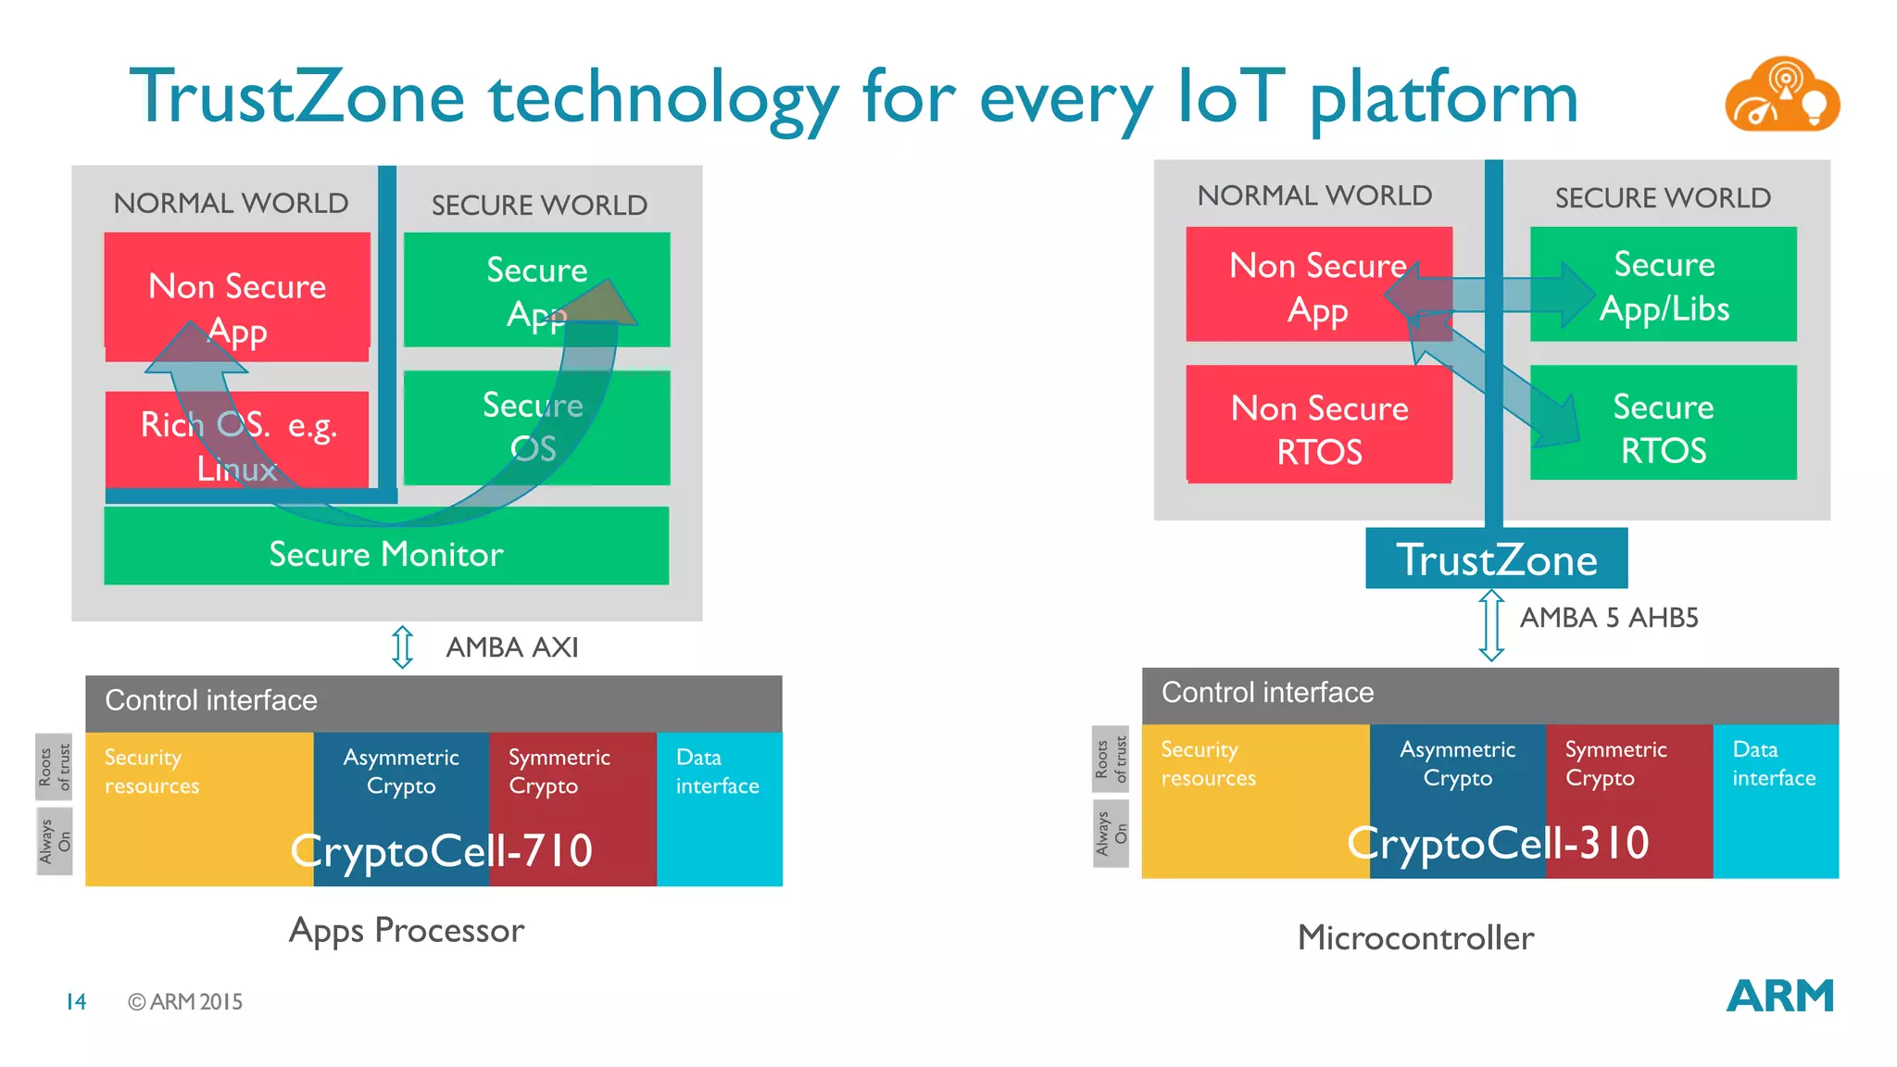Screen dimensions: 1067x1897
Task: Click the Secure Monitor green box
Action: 386,554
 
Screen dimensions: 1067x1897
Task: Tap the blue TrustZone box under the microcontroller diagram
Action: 1496,559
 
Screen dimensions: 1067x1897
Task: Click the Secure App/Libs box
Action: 1664,285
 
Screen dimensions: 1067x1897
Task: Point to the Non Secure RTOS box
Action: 1319,429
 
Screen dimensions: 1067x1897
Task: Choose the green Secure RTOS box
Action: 1664,427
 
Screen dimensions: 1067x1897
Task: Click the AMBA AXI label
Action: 511,647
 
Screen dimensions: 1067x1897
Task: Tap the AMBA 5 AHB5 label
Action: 1609,618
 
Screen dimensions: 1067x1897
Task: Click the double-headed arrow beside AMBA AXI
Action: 402,646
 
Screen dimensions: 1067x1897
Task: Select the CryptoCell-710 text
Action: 442,850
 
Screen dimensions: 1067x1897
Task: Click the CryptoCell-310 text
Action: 1498,843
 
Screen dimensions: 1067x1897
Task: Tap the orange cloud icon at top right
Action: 1781,95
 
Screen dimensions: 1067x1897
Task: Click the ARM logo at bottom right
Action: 1779,997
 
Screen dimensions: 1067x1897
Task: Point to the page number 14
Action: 76,1002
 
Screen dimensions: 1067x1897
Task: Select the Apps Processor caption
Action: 407,931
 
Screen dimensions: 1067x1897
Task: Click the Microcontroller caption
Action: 1415,938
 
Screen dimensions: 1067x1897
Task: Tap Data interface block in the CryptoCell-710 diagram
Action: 719,806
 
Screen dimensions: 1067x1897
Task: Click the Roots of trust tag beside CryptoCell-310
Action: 1111,759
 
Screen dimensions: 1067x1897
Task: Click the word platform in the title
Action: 1443,98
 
